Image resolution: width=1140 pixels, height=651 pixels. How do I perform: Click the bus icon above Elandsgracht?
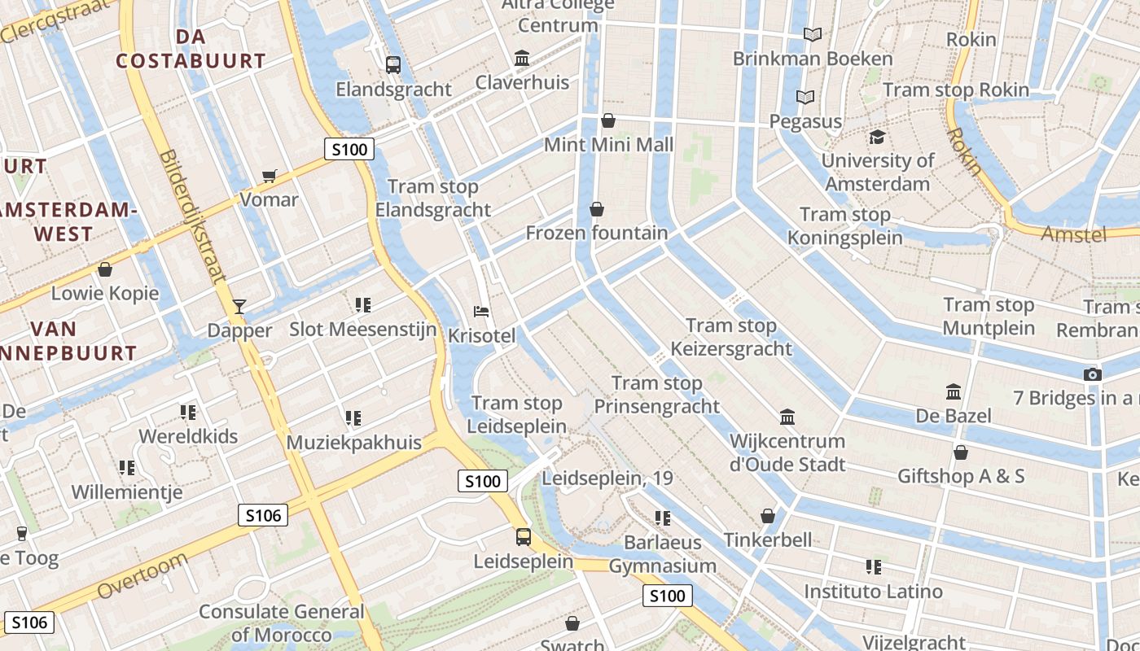click(393, 64)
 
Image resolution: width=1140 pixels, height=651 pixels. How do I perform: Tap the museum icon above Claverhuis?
click(522, 59)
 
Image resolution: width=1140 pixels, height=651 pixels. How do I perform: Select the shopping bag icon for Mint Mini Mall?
click(608, 121)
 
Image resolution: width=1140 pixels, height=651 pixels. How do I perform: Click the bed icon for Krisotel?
click(481, 311)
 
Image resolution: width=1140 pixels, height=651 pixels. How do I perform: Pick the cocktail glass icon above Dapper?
click(239, 306)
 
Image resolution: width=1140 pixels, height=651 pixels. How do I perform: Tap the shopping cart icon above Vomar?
click(270, 176)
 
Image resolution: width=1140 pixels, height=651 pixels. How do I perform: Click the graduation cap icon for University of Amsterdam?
click(877, 137)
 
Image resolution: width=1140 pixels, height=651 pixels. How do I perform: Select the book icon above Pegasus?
click(805, 98)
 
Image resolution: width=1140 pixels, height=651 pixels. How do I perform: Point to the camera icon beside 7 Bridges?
click(1093, 374)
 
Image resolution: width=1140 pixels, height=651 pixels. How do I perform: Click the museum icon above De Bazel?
click(954, 392)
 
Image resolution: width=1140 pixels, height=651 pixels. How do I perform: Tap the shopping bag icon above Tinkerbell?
click(768, 516)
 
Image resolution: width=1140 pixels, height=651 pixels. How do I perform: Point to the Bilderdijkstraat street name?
click(193, 216)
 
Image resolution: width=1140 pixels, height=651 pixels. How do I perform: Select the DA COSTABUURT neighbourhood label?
click(191, 49)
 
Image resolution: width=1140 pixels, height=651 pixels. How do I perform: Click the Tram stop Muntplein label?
click(989, 317)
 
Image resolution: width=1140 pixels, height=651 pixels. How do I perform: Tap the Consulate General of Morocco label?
click(281, 623)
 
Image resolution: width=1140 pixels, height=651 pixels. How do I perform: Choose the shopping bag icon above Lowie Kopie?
click(105, 269)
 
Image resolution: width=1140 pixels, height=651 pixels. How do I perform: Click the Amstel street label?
click(1074, 235)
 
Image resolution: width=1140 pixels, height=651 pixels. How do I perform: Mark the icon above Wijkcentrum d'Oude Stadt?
click(787, 417)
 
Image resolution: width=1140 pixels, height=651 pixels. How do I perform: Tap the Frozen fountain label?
click(597, 234)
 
